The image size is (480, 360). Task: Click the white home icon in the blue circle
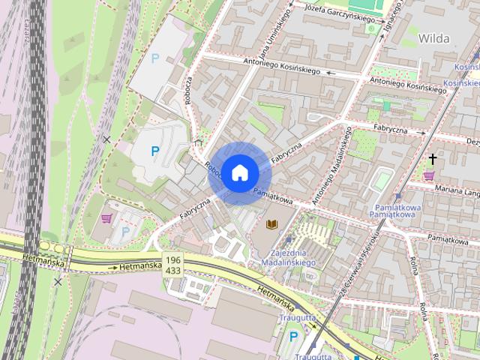coord(239,172)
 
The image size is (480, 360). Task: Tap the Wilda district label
coord(433,37)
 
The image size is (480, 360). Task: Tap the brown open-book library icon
coord(272,224)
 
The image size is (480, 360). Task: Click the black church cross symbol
coord(432,159)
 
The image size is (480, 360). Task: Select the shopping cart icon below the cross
coord(429,175)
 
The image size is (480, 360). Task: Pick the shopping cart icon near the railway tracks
coord(106,218)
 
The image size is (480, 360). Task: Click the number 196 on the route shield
coord(173,259)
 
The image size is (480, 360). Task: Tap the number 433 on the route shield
coord(173,270)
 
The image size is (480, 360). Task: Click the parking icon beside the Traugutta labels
coord(293,336)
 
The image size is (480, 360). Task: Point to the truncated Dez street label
coord(472,140)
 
